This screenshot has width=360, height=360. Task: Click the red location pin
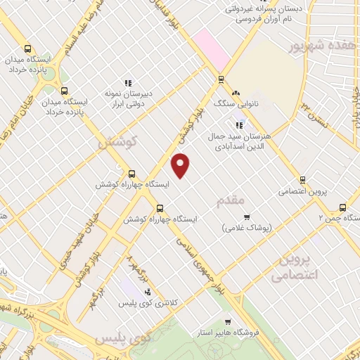[x=181, y=165]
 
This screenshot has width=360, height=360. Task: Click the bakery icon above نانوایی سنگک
[x=235, y=93]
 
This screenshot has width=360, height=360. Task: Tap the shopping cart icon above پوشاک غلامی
[x=246, y=217]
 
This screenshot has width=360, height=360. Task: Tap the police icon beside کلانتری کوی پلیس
[x=148, y=292]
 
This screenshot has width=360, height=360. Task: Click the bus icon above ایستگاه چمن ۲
[x=342, y=207]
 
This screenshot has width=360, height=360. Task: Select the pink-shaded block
[x=207, y=43]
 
